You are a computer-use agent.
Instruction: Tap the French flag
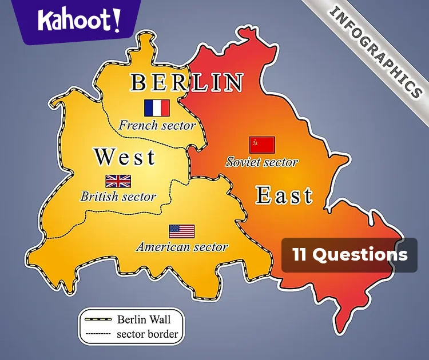click(x=157, y=108)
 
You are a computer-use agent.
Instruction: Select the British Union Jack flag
click(x=118, y=181)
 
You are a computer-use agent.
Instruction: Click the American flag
click(x=181, y=231)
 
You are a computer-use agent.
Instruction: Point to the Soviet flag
click(x=262, y=145)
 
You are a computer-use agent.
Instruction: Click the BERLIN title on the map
click(x=187, y=83)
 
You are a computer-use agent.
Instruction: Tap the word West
click(x=125, y=157)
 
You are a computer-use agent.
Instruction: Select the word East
click(x=284, y=195)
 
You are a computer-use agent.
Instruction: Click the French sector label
click(x=157, y=125)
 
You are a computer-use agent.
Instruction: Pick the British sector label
click(x=118, y=197)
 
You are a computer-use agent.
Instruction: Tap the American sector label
click(x=182, y=247)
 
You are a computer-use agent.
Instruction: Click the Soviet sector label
click(x=262, y=162)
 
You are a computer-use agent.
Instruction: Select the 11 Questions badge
click(x=349, y=255)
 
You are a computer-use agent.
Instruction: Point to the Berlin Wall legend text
click(x=144, y=319)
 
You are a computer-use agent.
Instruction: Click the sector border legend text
click(x=147, y=334)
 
